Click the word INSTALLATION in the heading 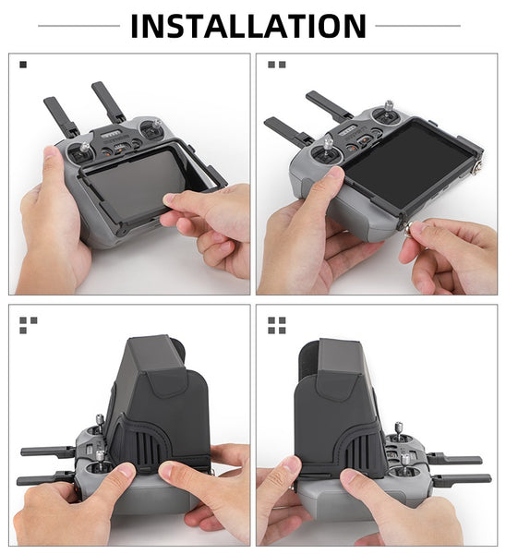[248, 26]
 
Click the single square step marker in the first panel [23, 65]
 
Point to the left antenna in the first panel [60, 116]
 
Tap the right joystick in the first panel [154, 126]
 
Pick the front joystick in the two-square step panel [328, 149]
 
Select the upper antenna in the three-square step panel [47, 452]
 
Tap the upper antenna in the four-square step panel [455, 459]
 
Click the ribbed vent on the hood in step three [148, 449]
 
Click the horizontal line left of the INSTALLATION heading [78, 26]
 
